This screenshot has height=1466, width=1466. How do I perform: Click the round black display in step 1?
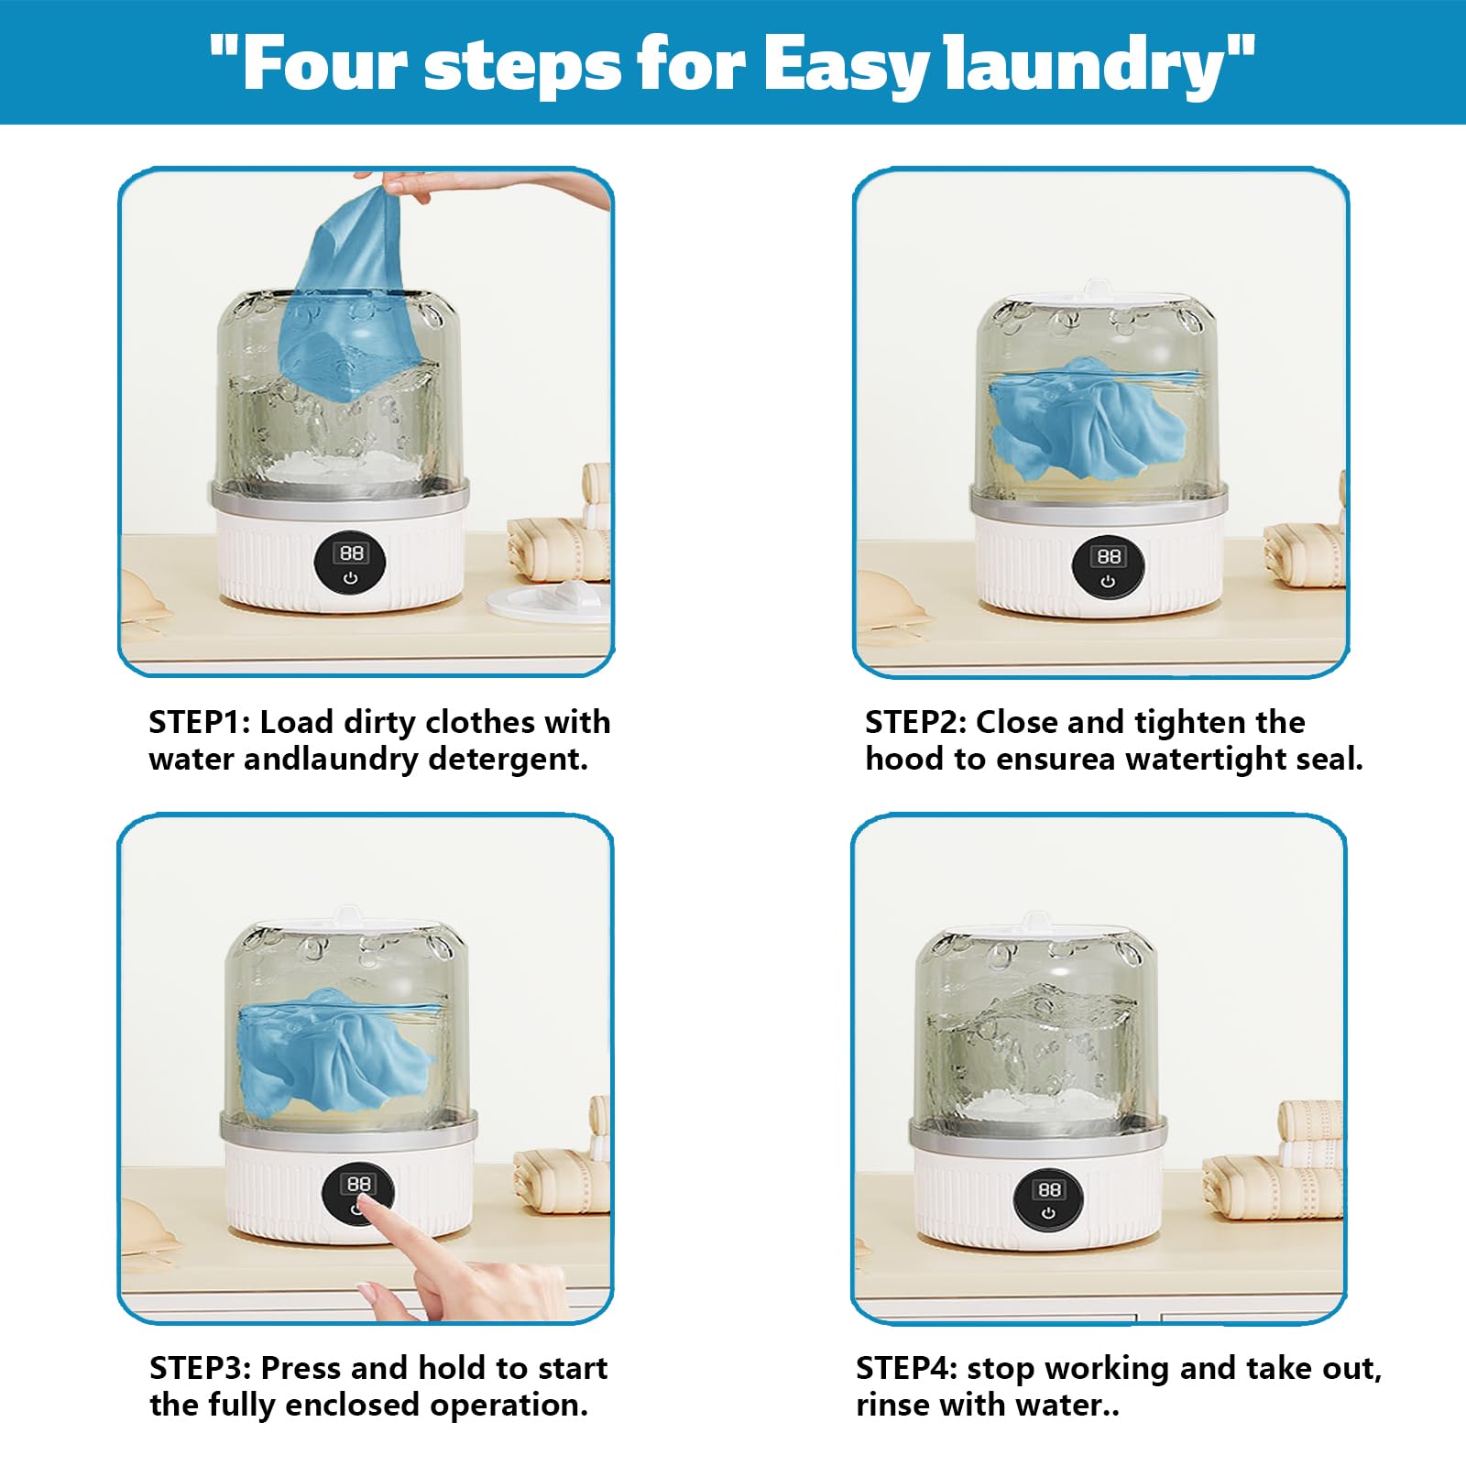click(351, 563)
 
